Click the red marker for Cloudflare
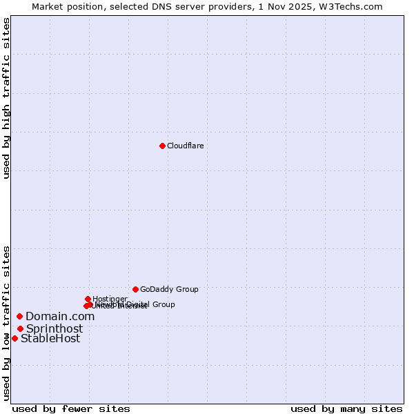pos(162,146)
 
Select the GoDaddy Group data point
pos(135,289)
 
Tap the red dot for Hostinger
pos(88,299)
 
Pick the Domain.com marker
pos(19,316)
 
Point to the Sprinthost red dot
pos(20,328)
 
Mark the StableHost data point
pos(14,338)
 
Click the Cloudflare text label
pos(185,146)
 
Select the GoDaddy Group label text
pos(169,289)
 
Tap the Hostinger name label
pos(110,299)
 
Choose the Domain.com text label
pos(60,316)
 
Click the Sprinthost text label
pos(55,328)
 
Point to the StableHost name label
pos(50,338)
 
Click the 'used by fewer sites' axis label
pos(71,408)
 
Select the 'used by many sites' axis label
pos(346,408)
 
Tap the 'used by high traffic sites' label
pos(7,98)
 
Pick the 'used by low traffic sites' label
pos(7,322)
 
